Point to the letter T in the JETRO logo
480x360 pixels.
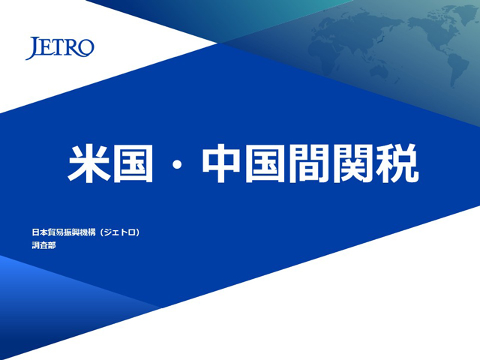tap(56, 48)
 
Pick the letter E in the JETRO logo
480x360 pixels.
tap(46, 48)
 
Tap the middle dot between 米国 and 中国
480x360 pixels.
tap(177, 165)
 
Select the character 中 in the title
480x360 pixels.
tap(221, 163)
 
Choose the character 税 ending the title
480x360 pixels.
tap(397, 163)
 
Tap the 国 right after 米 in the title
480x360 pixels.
tap(133, 163)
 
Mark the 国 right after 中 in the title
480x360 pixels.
tap(265, 163)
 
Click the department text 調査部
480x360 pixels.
tap(43, 245)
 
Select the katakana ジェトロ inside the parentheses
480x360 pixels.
tap(120, 232)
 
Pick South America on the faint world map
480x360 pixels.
tap(457, 69)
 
